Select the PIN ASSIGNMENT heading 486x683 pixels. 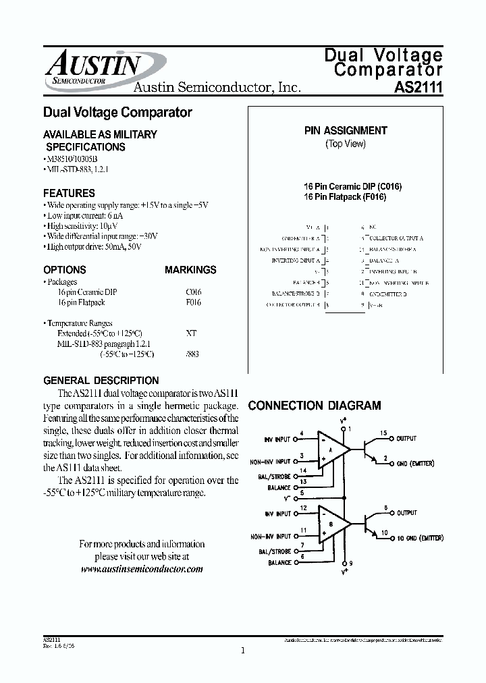click(346, 131)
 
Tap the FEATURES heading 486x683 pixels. click(69, 193)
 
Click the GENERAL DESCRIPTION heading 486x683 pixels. click(101, 381)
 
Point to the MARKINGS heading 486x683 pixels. click(190, 270)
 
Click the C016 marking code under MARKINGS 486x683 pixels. click(193, 292)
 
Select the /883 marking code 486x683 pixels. click(192, 354)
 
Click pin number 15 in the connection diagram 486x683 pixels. click(383, 433)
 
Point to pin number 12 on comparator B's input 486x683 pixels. click(303, 508)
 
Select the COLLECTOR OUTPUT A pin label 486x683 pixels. click(396, 238)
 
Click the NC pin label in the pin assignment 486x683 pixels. click(373, 228)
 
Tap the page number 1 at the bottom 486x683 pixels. click(242, 651)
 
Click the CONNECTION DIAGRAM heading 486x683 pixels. click(315, 406)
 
